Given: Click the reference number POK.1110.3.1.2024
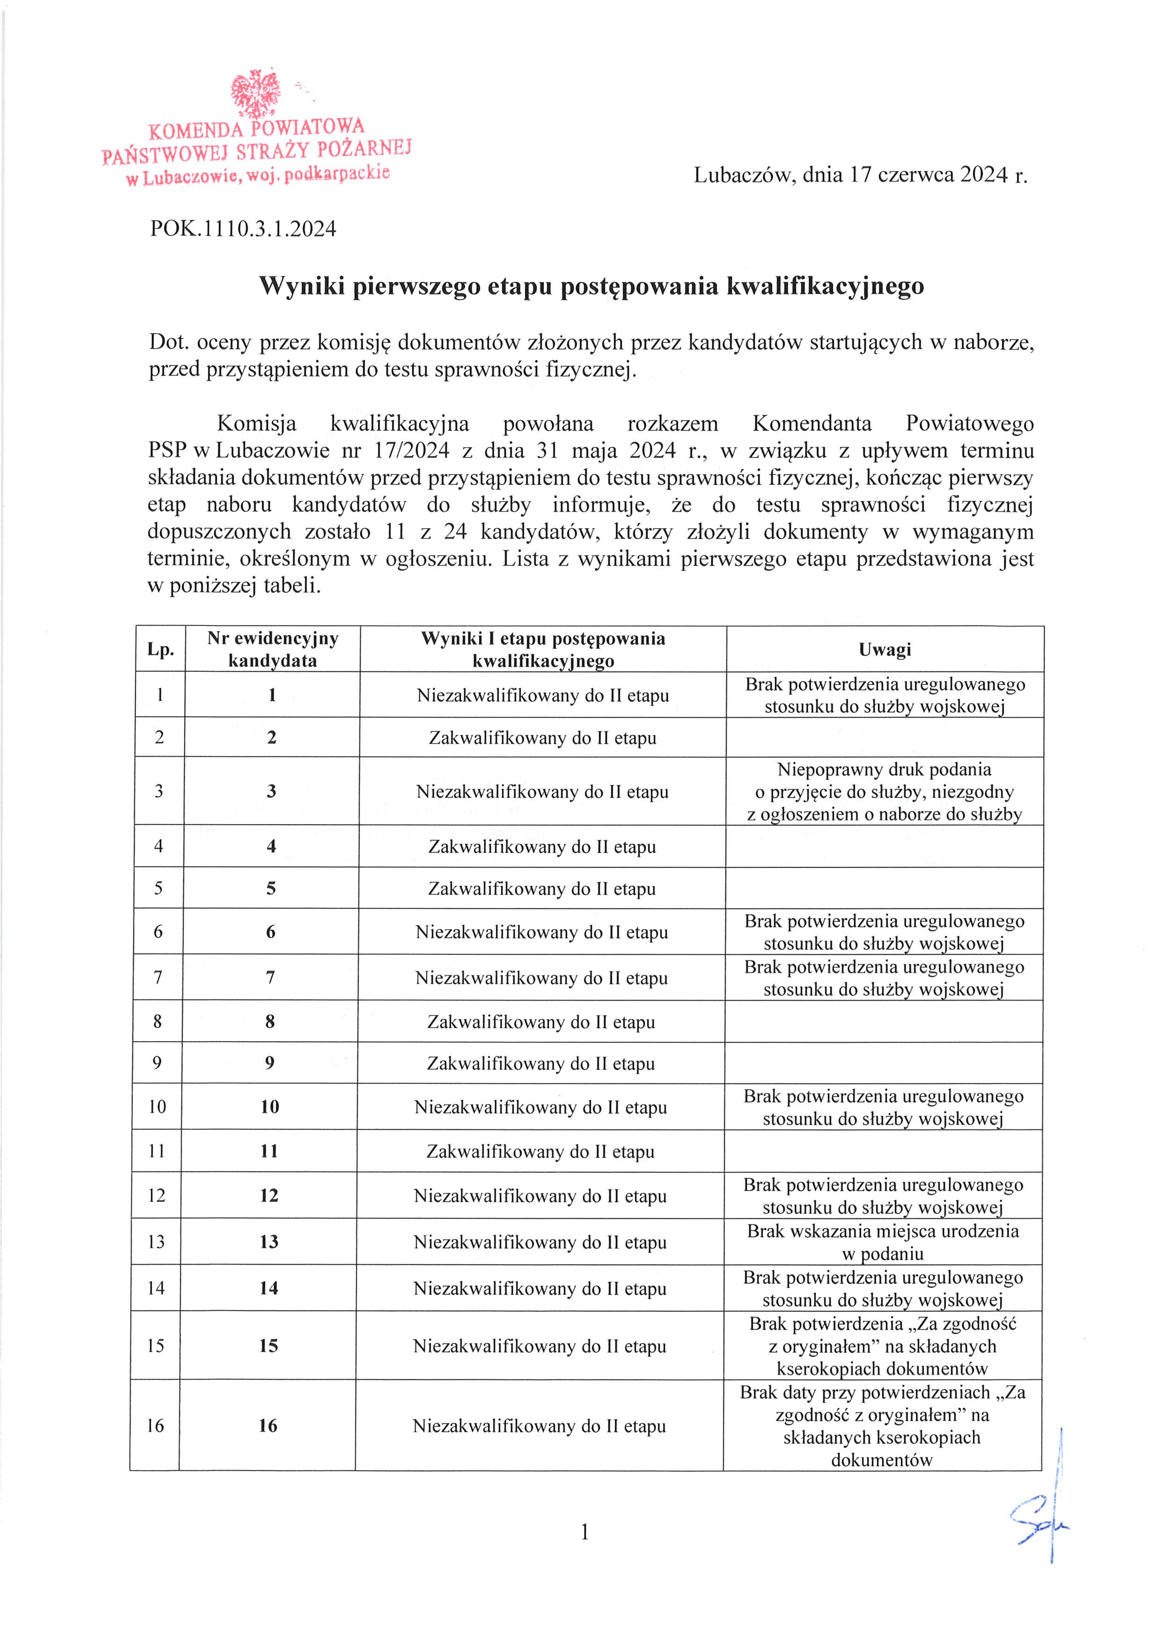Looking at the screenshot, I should coord(243,229).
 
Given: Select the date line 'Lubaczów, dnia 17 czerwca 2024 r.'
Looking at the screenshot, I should coord(860,175).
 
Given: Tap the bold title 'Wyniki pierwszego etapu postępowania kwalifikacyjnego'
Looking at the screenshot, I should coord(591,286).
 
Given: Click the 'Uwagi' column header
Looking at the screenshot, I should coord(885,649).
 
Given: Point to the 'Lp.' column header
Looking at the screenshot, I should coord(161,649).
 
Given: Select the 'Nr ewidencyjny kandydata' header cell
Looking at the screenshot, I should coord(272,649).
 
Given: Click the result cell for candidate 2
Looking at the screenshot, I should coord(543,738).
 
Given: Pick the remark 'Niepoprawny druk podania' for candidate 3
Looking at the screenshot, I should coord(884,770).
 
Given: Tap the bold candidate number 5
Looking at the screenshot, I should coord(271,888).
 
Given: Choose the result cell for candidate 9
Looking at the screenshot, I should coord(541,1063).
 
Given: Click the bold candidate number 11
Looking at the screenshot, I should coord(269,1151).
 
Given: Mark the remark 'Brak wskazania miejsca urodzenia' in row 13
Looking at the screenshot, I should coord(883,1231).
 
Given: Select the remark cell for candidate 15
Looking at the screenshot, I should coord(882,1346).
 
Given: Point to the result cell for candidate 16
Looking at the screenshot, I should coord(539,1426).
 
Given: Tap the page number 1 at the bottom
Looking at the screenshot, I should coord(585,1532).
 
